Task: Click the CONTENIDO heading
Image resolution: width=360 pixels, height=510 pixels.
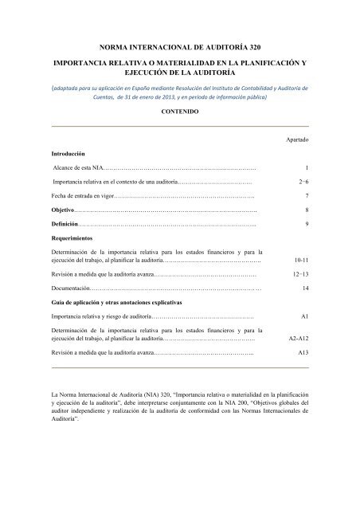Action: [179, 112]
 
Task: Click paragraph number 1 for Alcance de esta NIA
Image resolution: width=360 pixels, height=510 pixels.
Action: [306, 168]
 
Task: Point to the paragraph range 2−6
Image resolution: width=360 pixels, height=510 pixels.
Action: [300, 182]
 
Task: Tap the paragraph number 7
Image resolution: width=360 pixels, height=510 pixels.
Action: [306, 196]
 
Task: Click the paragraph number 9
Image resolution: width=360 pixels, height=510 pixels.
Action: [306, 224]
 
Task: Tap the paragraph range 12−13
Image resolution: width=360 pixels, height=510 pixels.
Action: [299, 274]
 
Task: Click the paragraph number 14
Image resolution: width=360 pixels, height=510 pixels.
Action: [304, 288]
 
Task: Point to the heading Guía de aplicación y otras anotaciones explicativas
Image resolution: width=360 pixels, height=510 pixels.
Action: [116, 303]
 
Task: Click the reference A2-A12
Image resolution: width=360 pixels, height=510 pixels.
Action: [297, 338]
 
